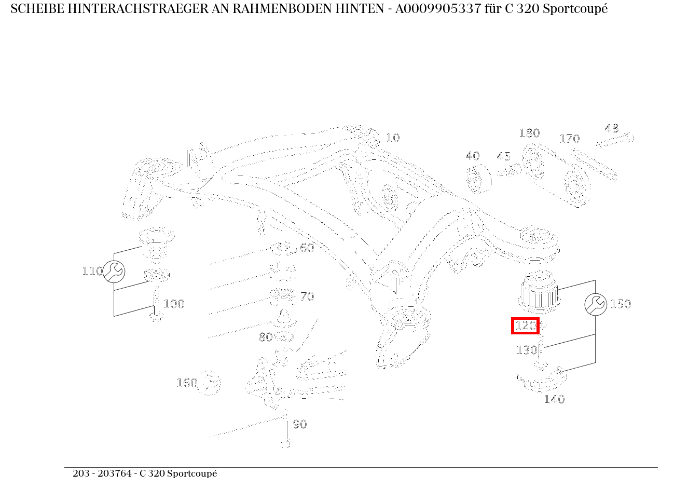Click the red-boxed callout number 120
[x=525, y=326]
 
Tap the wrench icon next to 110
[x=114, y=272]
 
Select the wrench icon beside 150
[x=596, y=304]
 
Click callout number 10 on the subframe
[x=393, y=138]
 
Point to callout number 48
[x=612, y=128]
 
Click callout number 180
[x=529, y=133]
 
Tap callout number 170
[x=569, y=139]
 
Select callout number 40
[x=472, y=156]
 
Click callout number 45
[x=503, y=156]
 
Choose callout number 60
[x=307, y=248]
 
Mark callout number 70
[x=307, y=296]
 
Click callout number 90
[x=300, y=424]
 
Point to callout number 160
[x=187, y=383]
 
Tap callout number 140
[x=554, y=399]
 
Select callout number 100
[x=174, y=304]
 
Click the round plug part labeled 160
[x=210, y=384]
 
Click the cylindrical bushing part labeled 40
[x=479, y=179]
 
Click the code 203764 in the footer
[x=117, y=474]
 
